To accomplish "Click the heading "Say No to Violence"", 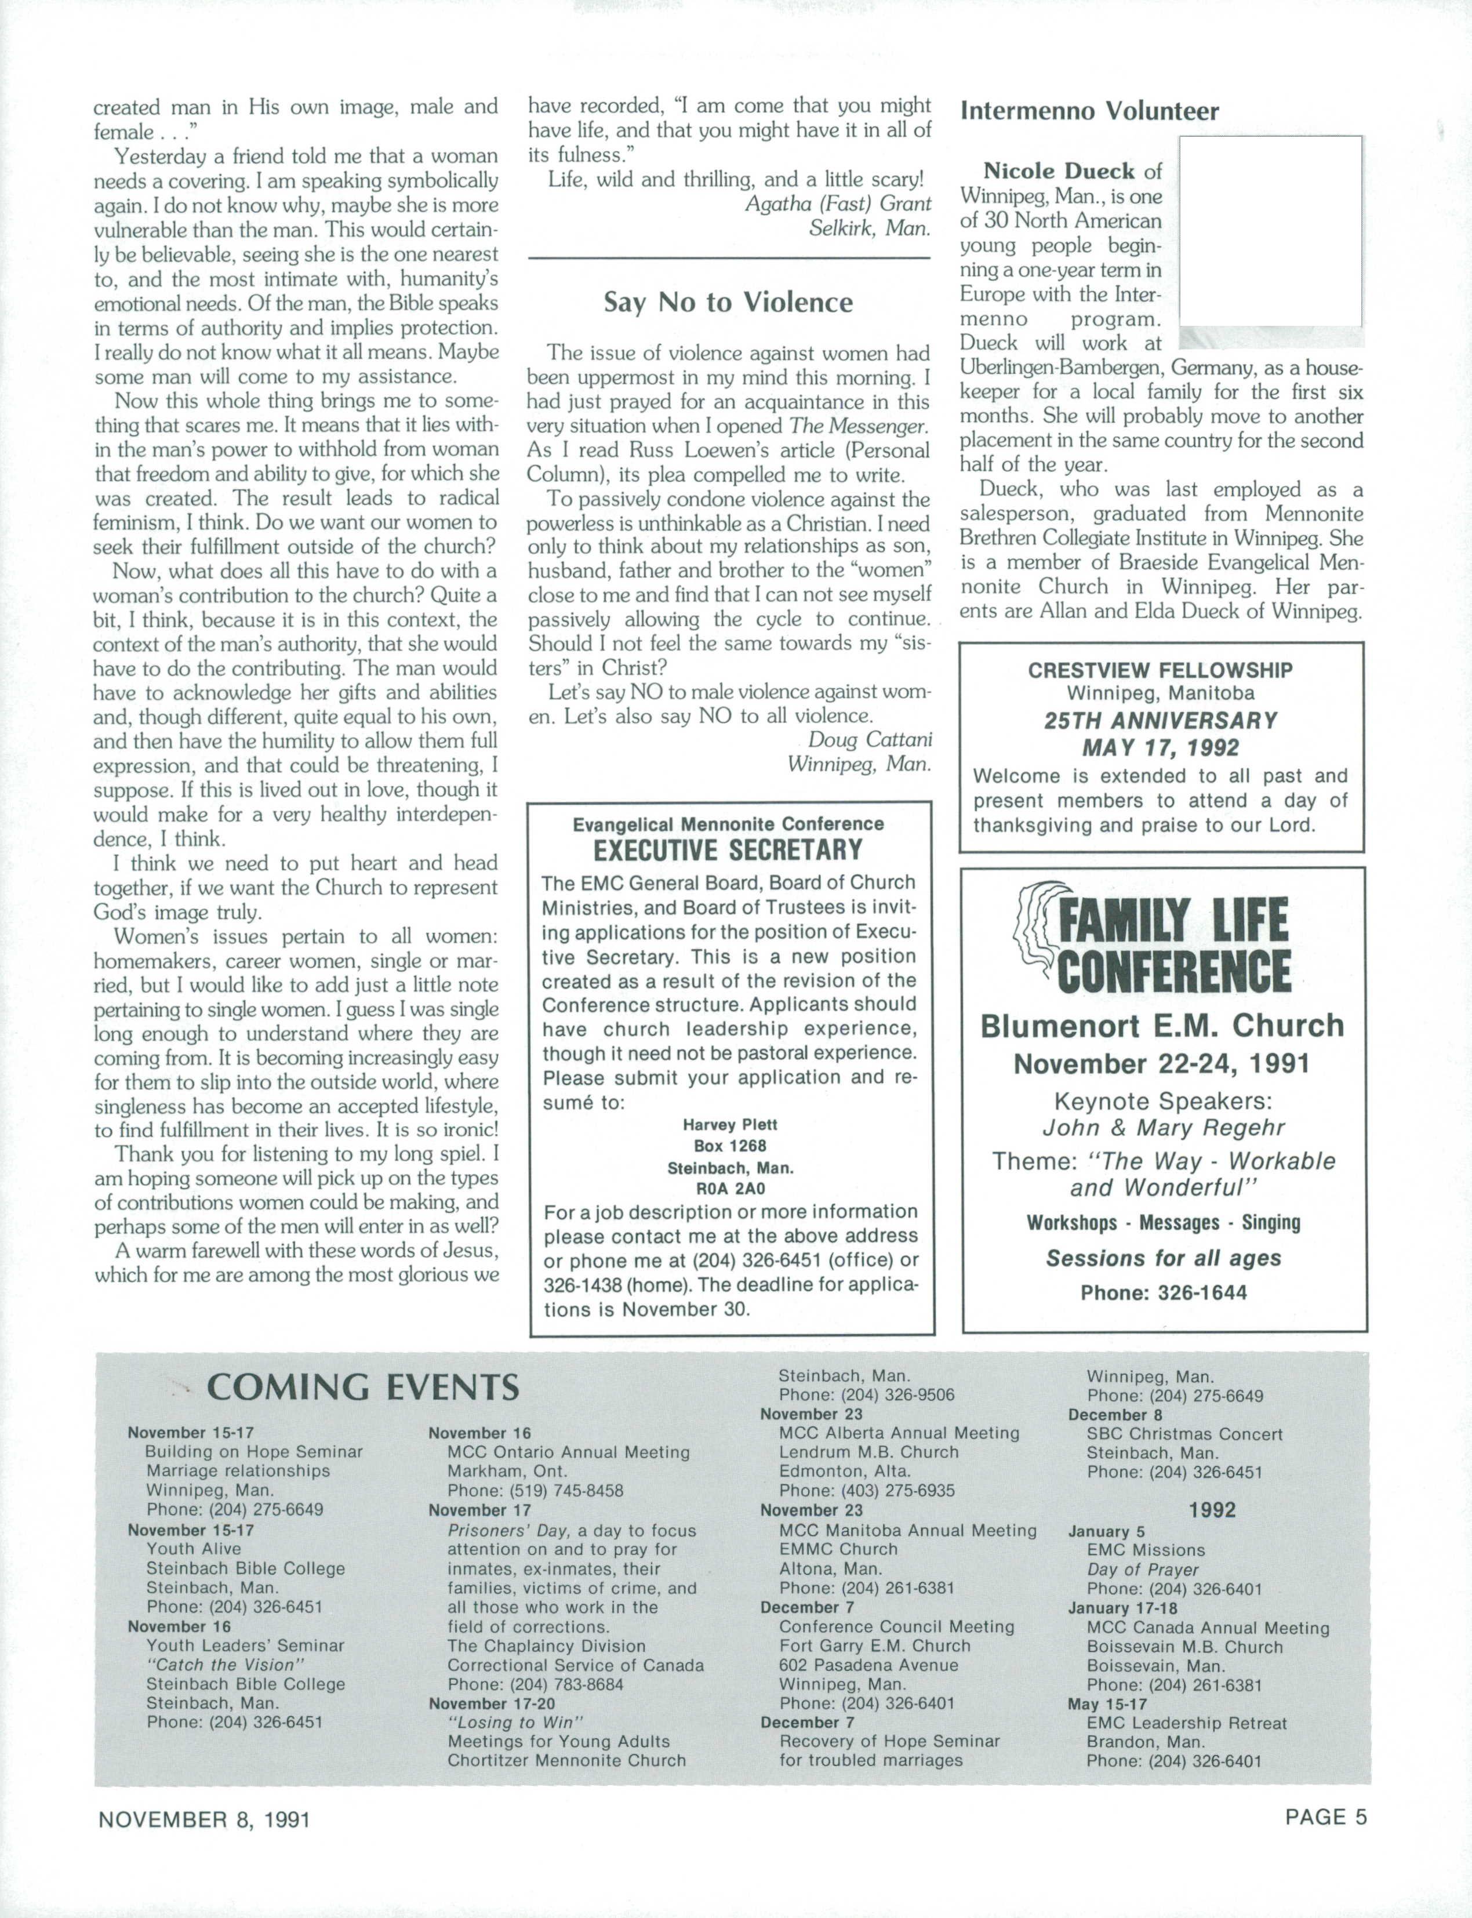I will [x=727, y=302].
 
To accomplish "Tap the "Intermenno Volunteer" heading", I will [x=1089, y=111].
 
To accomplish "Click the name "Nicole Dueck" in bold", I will [x=1059, y=171].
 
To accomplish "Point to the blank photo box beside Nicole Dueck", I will [x=1270, y=232].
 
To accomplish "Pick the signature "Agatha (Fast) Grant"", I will [x=838, y=204].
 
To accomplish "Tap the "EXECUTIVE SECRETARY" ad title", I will [x=728, y=850].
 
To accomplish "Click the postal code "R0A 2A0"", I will [x=730, y=1189].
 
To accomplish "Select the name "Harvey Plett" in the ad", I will [x=730, y=1124].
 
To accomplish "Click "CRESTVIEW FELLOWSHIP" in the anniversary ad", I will [x=1160, y=670].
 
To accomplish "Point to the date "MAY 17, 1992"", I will [x=1160, y=747].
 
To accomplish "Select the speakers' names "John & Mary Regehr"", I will [x=1163, y=1128].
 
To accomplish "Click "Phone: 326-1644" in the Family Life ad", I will [x=1163, y=1292].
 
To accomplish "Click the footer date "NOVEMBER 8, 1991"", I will [x=204, y=1820].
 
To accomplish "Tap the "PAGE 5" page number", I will [x=1325, y=1817].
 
